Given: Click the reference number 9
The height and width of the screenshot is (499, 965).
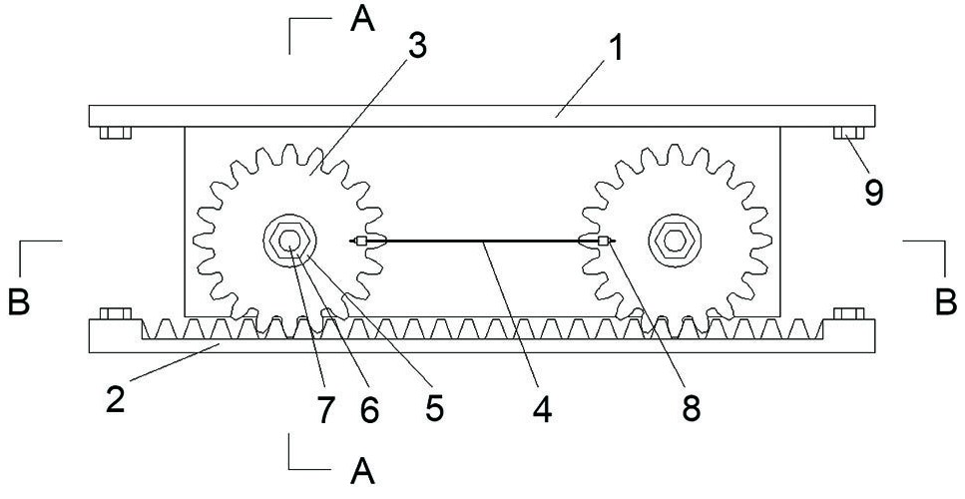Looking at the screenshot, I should [873, 191].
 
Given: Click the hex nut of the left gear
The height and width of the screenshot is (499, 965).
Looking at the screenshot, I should [289, 241].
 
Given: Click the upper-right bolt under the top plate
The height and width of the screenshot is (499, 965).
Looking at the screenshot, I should [848, 133].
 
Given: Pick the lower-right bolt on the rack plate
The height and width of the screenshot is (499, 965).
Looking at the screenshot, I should [848, 314].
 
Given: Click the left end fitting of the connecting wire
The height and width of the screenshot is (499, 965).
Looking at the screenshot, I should [363, 241].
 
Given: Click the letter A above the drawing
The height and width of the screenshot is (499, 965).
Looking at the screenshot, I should [364, 20].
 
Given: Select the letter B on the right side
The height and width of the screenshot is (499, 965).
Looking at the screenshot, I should [946, 302].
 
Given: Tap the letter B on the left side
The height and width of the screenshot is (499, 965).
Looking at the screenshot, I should [19, 302].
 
